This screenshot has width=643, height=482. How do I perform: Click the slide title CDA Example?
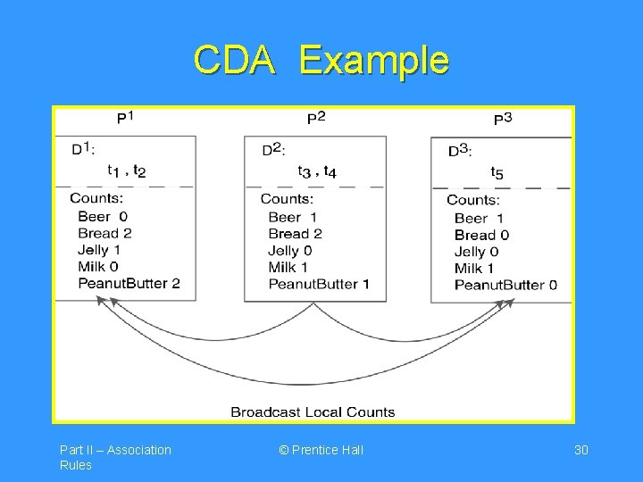321,61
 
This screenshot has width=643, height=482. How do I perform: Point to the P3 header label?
503,118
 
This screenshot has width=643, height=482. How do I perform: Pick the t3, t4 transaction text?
317,171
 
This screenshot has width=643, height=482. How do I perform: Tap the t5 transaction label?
497,172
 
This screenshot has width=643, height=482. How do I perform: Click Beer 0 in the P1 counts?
103,216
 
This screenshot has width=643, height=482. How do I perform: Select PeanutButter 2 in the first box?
129,283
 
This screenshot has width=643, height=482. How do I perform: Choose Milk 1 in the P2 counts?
288,267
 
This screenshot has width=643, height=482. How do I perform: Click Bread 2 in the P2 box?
295,234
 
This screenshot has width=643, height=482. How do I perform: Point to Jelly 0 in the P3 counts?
476,252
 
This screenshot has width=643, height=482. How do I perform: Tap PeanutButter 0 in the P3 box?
505,285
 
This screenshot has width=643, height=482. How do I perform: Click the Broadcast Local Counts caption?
313,411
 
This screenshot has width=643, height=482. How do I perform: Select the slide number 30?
580,450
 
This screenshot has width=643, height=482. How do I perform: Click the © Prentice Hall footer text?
321,450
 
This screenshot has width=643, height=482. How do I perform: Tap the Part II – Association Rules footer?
115,457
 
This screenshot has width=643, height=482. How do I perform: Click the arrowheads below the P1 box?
104,303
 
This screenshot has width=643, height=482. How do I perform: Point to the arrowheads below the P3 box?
507,304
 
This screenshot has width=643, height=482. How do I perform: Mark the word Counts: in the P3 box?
473,200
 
